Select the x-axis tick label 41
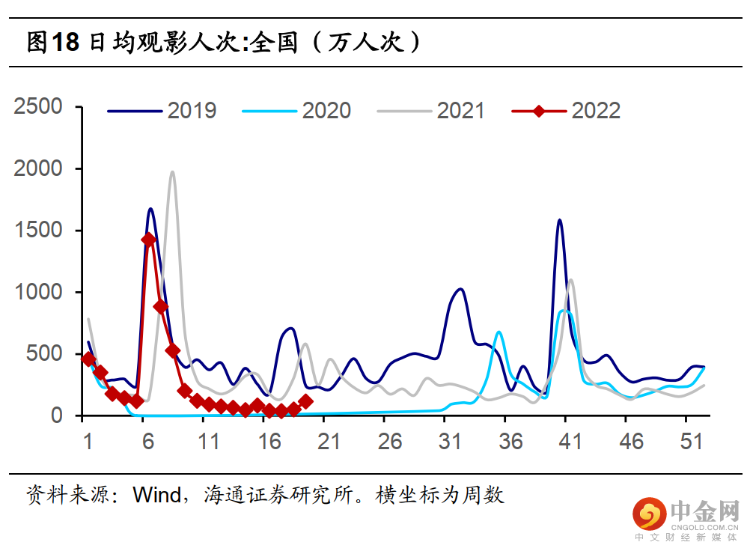click(570, 442)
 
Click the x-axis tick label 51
click(692, 442)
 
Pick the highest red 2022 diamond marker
click(148, 240)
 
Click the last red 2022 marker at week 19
click(305, 402)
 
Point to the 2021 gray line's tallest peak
click(172, 172)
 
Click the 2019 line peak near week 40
click(559, 220)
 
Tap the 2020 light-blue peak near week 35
click(499, 332)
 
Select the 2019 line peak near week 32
click(460, 289)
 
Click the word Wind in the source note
click(156, 495)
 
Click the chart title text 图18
click(52, 42)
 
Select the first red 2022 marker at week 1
click(88, 359)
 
